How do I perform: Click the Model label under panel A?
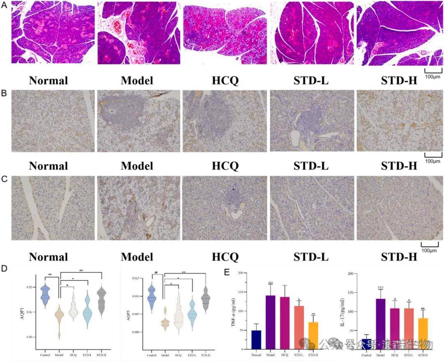tap(137, 80)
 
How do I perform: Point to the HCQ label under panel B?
tap(225, 166)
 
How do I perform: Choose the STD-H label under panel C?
tap(399, 257)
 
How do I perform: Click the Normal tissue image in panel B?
tap(52, 121)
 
